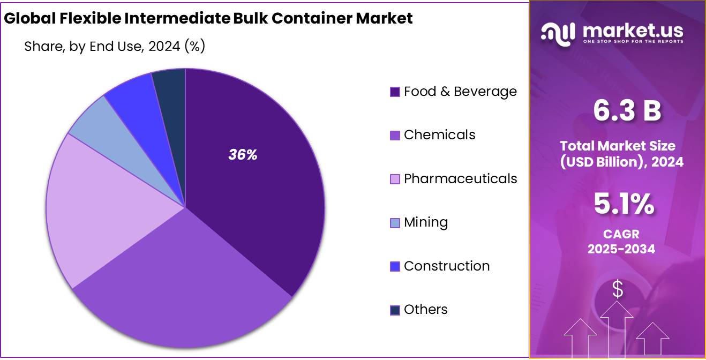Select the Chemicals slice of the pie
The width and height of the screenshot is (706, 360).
tap(182, 289)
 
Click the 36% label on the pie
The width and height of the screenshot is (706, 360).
tap(243, 155)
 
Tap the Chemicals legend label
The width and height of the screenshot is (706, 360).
tap(439, 135)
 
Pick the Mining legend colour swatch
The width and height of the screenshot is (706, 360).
tap(395, 223)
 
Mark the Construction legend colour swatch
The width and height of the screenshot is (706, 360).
tap(395, 266)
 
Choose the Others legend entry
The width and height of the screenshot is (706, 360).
tap(425, 310)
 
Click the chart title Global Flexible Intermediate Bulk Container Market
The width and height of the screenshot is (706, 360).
tap(208, 18)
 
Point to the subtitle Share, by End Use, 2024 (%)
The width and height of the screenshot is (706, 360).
tap(115, 47)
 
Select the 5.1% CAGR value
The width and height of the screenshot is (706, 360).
tap(624, 204)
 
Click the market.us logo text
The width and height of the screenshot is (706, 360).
tap(632, 31)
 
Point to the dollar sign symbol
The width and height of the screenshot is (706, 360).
tap(617, 289)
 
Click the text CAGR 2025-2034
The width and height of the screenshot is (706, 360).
tap(621, 242)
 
